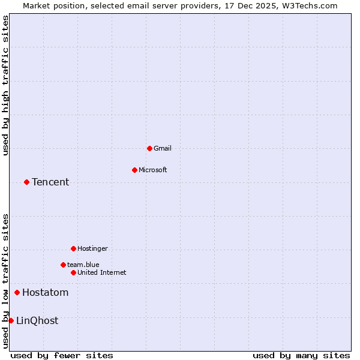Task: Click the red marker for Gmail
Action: pos(149,148)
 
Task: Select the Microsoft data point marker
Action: pos(134,170)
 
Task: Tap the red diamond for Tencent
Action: pos(26,182)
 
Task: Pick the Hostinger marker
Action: pos(73,248)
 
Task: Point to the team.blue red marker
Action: pos(63,265)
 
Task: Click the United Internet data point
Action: pos(73,272)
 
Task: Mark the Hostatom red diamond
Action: pos(17,292)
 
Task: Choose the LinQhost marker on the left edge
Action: pos(11,320)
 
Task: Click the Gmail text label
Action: pos(163,148)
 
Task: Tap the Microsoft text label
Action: pos(152,170)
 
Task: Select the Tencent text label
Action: pos(50,182)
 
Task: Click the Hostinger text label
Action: pos(92,248)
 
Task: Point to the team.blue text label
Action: pos(83,265)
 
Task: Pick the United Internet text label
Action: pos(101,272)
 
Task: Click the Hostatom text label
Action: pos(45,293)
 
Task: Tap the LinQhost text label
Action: pos(37,321)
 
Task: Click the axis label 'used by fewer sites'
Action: pos(62,355)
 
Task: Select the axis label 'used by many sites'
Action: pos(301,355)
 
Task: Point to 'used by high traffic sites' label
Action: pos(5,86)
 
